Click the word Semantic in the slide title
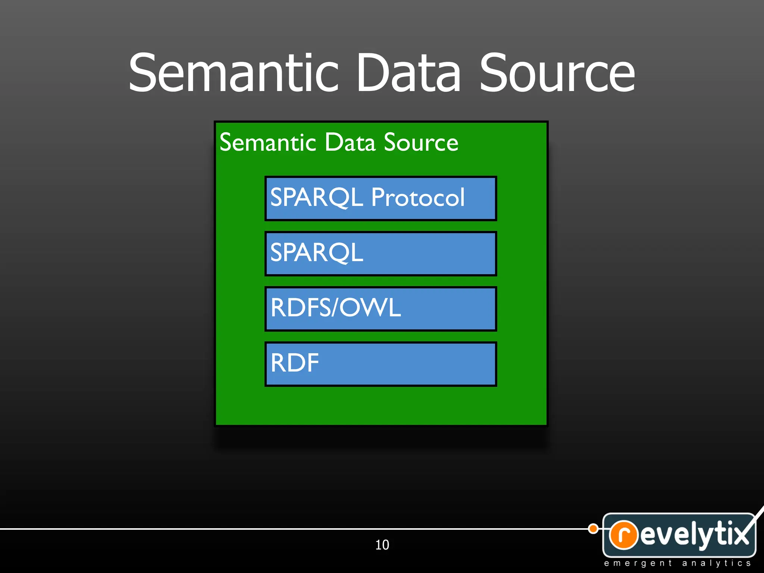pyautogui.click(x=233, y=73)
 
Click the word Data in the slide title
pyautogui.click(x=408, y=73)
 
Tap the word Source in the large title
pyautogui.click(x=557, y=73)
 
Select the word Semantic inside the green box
pyautogui.click(x=268, y=143)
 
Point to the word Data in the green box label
pyautogui.click(x=350, y=143)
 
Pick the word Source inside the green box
pyautogui.click(x=421, y=143)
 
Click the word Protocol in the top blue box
pyautogui.click(x=418, y=197)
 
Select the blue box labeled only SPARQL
pyautogui.click(x=381, y=254)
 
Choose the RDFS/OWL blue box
pyautogui.click(x=381, y=309)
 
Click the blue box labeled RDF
pyautogui.click(x=381, y=364)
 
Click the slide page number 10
pyautogui.click(x=382, y=545)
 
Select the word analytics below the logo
pyautogui.click(x=716, y=563)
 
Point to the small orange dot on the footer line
pyautogui.click(x=593, y=529)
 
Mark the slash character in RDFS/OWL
pyautogui.click(x=335, y=308)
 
